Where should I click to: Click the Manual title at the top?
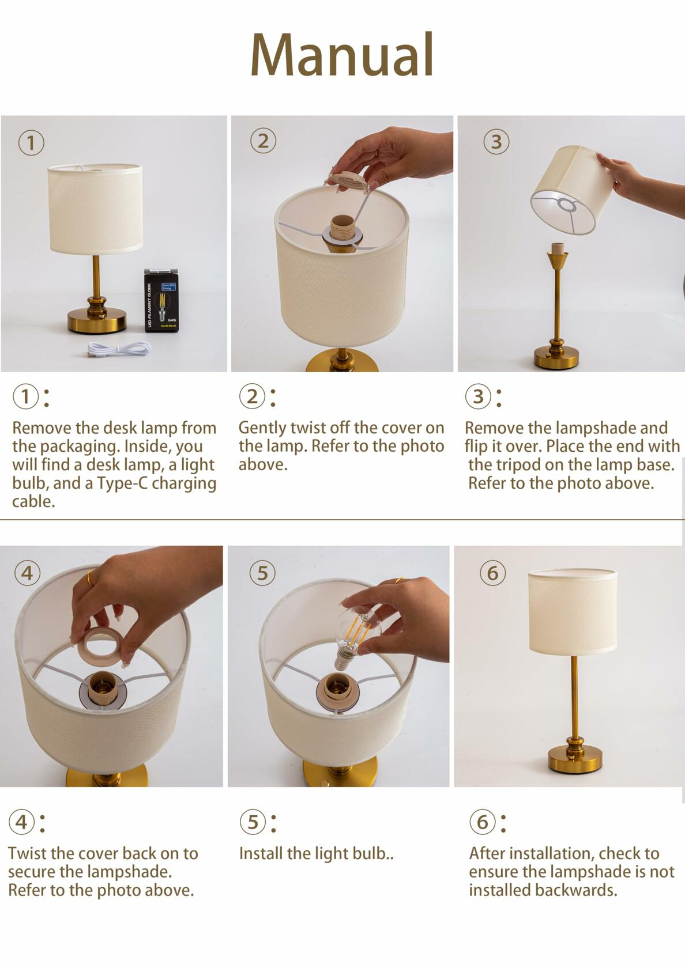pos(342,55)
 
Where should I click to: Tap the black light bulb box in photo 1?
pos(160,300)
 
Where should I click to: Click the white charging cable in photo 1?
pos(118,348)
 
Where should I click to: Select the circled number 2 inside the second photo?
pos(263,141)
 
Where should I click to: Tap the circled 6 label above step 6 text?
pos(482,822)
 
